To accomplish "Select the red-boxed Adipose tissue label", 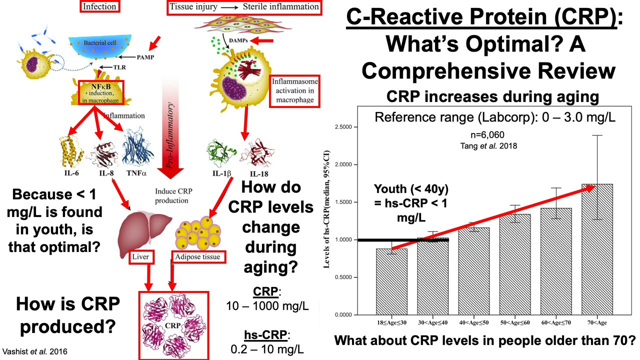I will pos(198,257).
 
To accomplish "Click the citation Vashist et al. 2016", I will pos(35,351).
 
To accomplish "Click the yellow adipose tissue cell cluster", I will pos(198,232).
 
